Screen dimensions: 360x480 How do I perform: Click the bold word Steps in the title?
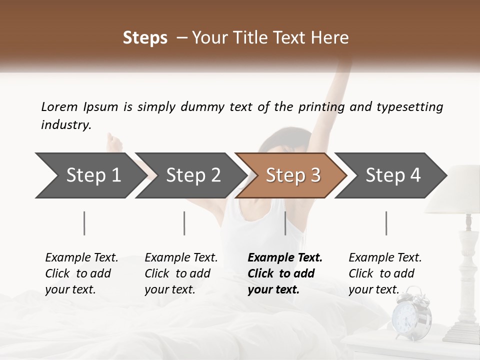coord(145,38)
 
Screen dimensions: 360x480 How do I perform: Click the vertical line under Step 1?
coord(84,223)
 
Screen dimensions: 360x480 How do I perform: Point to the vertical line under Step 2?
coord(184,223)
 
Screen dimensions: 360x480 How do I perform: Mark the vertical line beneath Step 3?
coord(285,223)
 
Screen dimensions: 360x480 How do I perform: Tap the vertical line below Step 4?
coord(386,223)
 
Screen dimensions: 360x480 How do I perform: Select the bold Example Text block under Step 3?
coord(285,273)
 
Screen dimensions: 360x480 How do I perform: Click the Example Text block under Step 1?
coord(81,273)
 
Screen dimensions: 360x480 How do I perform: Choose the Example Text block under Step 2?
coord(181,273)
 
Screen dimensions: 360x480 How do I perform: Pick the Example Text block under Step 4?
coord(385,273)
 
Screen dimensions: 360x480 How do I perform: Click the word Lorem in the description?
coord(59,106)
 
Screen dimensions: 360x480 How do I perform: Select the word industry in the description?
coord(65,125)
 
